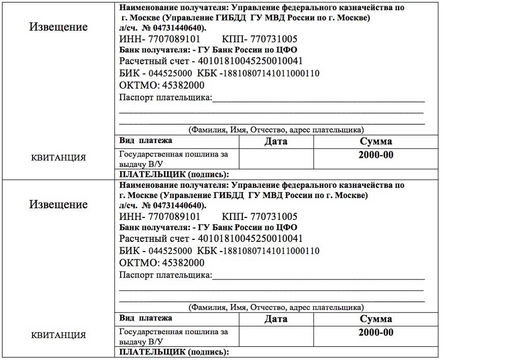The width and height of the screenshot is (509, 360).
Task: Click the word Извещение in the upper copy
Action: pyautogui.click(x=58, y=26)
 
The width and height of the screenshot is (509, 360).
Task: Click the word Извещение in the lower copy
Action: pyautogui.click(x=58, y=204)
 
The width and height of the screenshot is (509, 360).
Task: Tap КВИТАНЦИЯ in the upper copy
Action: pyautogui.click(x=59, y=157)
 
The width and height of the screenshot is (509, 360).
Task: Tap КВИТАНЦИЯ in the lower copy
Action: pyautogui.click(x=59, y=335)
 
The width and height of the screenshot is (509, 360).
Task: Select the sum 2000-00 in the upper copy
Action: pyautogui.click(x=376, y=155)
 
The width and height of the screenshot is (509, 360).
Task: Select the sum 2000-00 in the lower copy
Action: pyautogui.click(x=376, y=333)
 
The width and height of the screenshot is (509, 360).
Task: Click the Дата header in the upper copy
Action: pyautogui.click(x=276, y=142)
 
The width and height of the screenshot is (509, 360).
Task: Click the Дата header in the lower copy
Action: pyautogui.click(x=276, y=319)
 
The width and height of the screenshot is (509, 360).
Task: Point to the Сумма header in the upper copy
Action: pyautogui.click(x=376, y=142)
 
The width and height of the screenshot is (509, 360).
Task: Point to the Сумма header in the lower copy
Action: pyautogui.click(x=376, y=319)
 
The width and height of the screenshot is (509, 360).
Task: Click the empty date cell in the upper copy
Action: pyautogui.click(x=276, y=158)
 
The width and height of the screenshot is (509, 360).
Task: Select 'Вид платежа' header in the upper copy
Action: pyautogui.click(x=146, y=141)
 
